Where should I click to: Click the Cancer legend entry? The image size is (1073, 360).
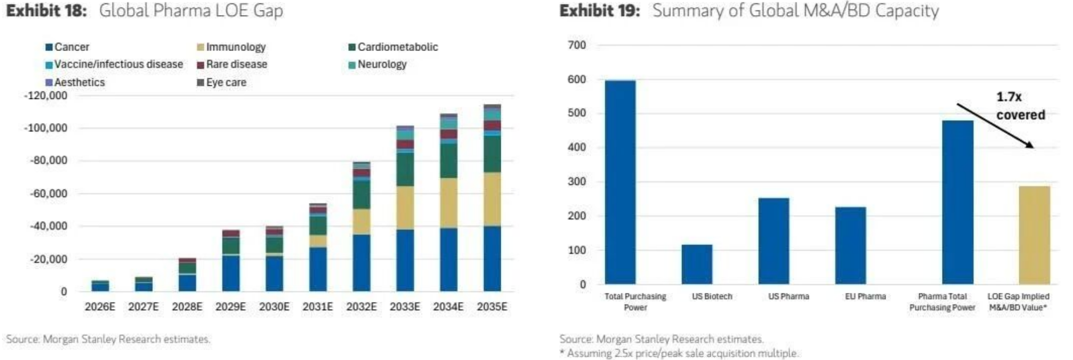pyautogui.click(x=67, y=47)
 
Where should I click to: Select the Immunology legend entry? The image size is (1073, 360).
pyautogui.click(x=231, y=47)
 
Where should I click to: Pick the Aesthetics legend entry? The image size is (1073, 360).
pyautogui.click(x=75, y=82)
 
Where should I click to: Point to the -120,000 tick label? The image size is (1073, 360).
pyautogui.click(x=46, y=96)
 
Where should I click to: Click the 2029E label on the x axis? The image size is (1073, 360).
pyautogui.click(x=230, y=307)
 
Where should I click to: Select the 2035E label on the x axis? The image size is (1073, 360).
pyautogui.click(x=492, y=307)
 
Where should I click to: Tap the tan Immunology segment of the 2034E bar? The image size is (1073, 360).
pyautogui.click(x=448, y=203)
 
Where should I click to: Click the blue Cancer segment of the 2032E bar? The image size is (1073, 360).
pyautogui.click(x=361, y=262)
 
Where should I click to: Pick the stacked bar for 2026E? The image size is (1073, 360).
pyautogui.click(x=100, y=286)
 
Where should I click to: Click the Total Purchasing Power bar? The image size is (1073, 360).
pyautogui.click(x=620, y=182)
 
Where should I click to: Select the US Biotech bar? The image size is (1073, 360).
pyautogui.click(x=697, y=264)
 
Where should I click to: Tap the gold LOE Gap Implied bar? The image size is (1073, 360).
pyautogui.click(x=1034, y=235)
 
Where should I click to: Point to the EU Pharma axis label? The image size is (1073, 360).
pyautogui.click(x=865, y=296)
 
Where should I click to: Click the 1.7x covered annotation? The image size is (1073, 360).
pyautogui.click(x=1020, y=106)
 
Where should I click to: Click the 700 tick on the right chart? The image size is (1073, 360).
pyautogui.click(x=577, y=45)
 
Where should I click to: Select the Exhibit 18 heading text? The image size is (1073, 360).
pyautogui.click(x=144, y=10)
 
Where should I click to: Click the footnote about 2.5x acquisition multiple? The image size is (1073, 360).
pyautogui.click(x=678, y=353)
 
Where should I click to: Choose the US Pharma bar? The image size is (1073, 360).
pyautogui.click(x=773, y=241)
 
